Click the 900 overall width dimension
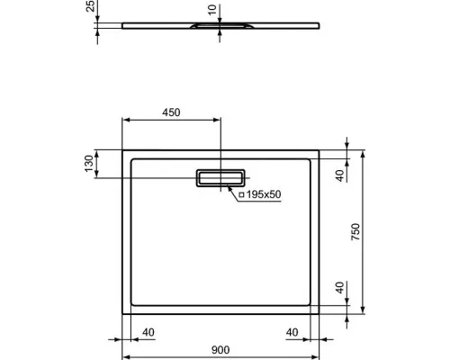click(222, 351)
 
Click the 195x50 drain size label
click(265, 194)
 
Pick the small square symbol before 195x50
click(241, 194)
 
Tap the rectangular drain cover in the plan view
click(221, 176)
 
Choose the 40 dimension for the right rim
click(292, 332)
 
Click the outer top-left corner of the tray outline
click(121, 150)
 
